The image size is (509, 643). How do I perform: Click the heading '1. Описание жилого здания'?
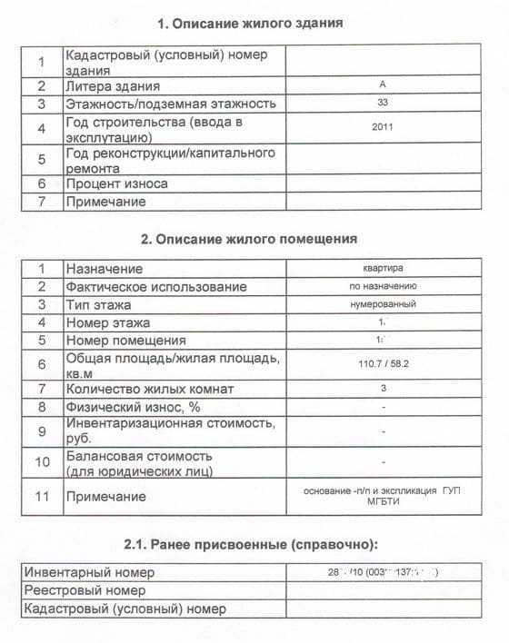pyautogui.click(x=250, y=22)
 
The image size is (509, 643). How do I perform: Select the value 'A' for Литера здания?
pyautogui.click(x=383, y=84)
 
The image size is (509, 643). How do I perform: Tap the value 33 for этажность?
pyautogui.click(x=383, y=103)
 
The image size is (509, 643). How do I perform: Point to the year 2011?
pyautogui.click(x=383, y=128)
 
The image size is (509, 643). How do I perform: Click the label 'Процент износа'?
pyautogui.click(x=116, y=183)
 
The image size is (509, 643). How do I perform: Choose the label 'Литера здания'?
pyautogui.click(x=113, y=86)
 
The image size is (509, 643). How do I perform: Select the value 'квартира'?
pyautogui.click(x=383, y=268)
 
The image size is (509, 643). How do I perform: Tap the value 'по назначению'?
pyautogui.click(x=383, y=286)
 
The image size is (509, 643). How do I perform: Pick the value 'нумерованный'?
pyautogui.click(x=383, y=304)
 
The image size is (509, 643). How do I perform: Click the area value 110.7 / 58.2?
pyautogui.click(x=383, y=364)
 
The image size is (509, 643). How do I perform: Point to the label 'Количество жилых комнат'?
pyautogui.click(x=149, y=390)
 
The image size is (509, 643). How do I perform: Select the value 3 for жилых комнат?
pyautogui.click(x=383, y=389)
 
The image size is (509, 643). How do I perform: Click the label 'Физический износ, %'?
pyautogui.click(x=133, y=407)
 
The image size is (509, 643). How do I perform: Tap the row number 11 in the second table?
pyautogui.click(x=42, y=497)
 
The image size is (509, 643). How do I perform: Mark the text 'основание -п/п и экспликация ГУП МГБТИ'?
pyautogui.click(x=383, y=496)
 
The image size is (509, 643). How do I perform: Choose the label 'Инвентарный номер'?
pyautogui.click(x=90, y=572)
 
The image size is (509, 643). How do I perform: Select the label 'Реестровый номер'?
pyautogui.click(x=85, y=590)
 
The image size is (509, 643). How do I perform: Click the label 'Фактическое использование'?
pyautogui.click(x=155, y=287)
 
